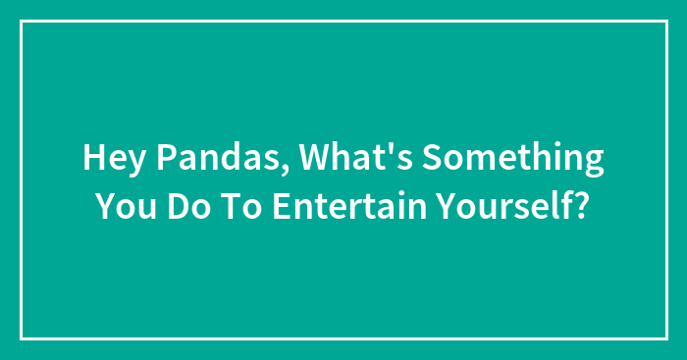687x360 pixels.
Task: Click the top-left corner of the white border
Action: pos(22,22)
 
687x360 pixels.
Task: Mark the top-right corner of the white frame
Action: pos(665,22)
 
